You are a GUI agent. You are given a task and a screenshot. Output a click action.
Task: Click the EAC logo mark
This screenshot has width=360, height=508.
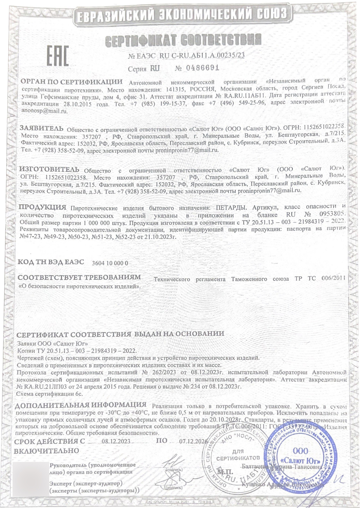58,56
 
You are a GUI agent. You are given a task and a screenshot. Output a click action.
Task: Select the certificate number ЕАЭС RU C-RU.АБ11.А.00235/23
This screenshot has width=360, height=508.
186,56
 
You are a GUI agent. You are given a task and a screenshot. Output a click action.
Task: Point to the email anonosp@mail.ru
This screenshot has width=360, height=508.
44,111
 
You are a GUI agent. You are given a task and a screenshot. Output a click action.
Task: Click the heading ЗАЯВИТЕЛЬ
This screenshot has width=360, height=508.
42,128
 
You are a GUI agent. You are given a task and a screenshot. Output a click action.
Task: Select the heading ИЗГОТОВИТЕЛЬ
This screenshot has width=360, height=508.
49,170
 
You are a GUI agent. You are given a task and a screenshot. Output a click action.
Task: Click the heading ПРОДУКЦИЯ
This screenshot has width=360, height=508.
43,207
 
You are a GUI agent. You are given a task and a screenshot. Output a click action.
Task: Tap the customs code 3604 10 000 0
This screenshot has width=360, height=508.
110,263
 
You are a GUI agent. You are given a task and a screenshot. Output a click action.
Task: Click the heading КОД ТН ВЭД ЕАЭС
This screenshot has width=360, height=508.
51,262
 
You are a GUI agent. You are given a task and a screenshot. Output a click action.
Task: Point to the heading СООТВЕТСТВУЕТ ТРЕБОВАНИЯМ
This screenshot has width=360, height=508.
80,278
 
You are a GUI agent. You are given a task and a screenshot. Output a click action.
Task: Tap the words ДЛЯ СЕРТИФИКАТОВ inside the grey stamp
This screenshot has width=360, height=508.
238,455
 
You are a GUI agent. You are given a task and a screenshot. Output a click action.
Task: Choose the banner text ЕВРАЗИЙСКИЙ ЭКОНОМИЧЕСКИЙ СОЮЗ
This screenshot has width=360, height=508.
182,15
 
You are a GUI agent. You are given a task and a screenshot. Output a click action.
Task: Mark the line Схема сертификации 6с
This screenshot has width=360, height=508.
50,394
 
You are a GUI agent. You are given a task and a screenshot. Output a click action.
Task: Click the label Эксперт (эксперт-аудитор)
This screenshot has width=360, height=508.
86,484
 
